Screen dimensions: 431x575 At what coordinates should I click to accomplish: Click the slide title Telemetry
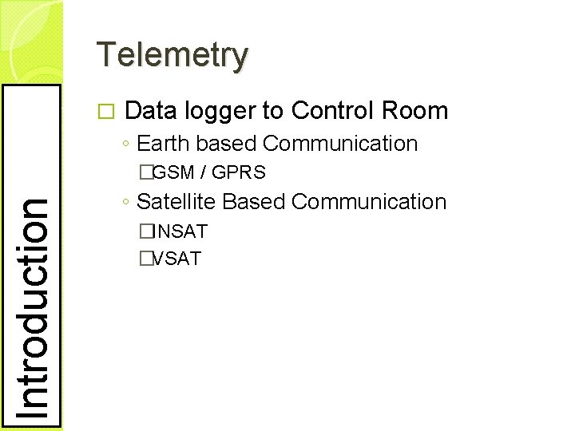172,55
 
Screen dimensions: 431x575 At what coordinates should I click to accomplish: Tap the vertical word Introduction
33,306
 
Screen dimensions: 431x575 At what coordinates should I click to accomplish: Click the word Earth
164,144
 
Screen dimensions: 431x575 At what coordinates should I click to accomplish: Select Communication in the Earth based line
339,144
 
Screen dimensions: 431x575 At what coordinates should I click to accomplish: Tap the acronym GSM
173,172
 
